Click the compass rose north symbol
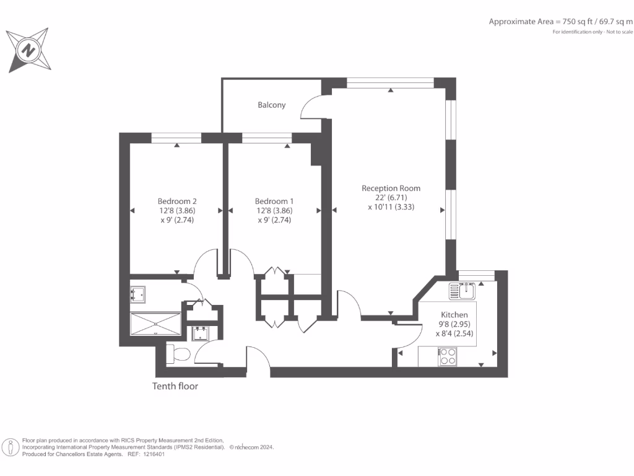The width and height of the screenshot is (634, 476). click(28, 50)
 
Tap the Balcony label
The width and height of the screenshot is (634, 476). click(272, 105)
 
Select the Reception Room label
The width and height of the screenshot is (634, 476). click(391, 188)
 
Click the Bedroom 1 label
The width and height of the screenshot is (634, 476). click(274, 201)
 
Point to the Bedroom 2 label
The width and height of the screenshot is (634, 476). click(177, 201)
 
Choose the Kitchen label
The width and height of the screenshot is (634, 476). click(454, 315)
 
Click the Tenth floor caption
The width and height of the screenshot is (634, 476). click(175, 386)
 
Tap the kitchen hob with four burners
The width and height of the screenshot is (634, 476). click(447, 356)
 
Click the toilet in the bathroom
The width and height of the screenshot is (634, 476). click(179, 355)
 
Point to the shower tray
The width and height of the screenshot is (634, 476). click(155, 324)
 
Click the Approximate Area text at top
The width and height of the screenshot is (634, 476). click(560, 22)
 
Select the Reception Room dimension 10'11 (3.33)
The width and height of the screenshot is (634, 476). click(391, 207)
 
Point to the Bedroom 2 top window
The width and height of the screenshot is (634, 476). click(176, 138)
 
